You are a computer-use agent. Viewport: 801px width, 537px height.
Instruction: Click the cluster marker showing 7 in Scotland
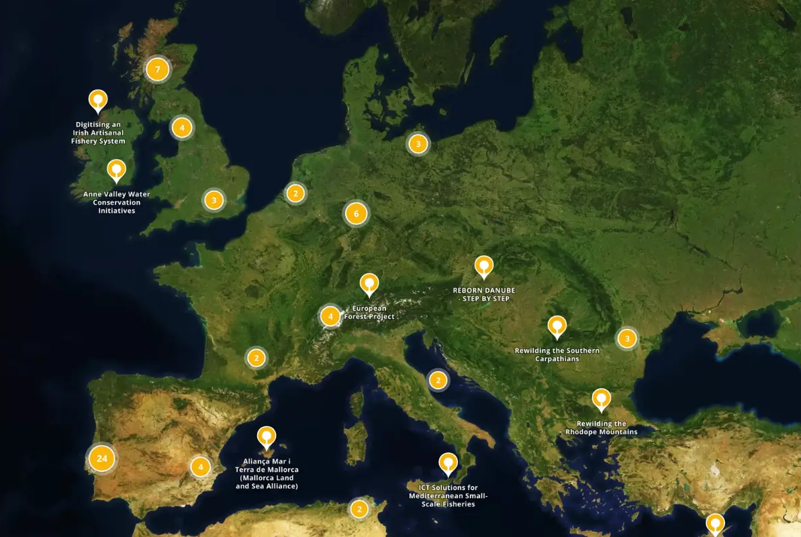tap(157, 69)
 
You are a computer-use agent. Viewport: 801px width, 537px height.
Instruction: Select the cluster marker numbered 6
tap(356, 214)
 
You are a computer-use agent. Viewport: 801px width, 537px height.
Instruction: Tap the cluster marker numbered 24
tap(101, 458)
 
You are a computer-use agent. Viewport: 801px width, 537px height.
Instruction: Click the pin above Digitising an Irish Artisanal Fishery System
tap(98, 101)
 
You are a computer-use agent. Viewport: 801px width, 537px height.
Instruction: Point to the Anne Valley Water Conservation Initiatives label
tap(117, 202)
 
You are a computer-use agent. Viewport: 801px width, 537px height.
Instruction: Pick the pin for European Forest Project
tap(369, 284)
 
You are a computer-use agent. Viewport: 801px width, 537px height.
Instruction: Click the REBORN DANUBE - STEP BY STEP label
tap(484, 294)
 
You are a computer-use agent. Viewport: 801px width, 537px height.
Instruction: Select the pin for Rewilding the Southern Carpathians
tap(557, 327)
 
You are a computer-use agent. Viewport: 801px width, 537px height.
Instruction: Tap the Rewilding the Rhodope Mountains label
tap(601, 428)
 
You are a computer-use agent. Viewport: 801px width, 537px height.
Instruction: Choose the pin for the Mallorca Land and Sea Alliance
tap(267, 437)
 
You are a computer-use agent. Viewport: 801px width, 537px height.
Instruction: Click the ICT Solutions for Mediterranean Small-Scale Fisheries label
tap(448, 495)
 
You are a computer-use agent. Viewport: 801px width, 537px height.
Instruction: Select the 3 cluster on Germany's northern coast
tap(418, 143)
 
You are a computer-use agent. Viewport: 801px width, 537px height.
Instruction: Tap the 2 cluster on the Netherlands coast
tap(295, 193)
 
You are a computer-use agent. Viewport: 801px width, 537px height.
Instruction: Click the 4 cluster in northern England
tap(181, 127)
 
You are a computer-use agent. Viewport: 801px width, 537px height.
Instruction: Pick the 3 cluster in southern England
tap(214, 199)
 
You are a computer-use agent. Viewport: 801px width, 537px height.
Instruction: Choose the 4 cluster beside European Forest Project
tap(330, 315)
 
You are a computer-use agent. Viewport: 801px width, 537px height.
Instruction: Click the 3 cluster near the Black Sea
tap(626, 338)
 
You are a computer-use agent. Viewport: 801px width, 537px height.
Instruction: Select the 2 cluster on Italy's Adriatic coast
tap(438, 381)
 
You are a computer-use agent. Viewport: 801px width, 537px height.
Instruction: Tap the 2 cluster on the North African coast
tap(359, 509)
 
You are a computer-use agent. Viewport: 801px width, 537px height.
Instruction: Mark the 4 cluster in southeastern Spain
tap(200, 466)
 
